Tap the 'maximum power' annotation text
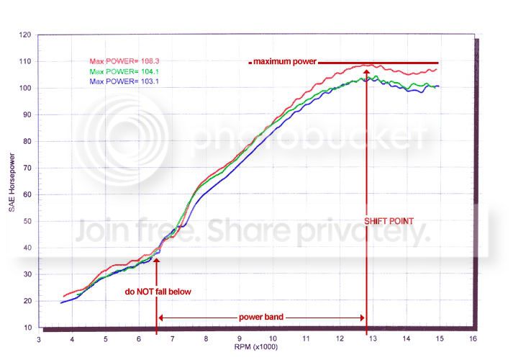coord(284,63)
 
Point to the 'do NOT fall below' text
coord(158,292)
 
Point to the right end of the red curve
coord(437,69)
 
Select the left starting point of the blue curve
coord(61,302)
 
